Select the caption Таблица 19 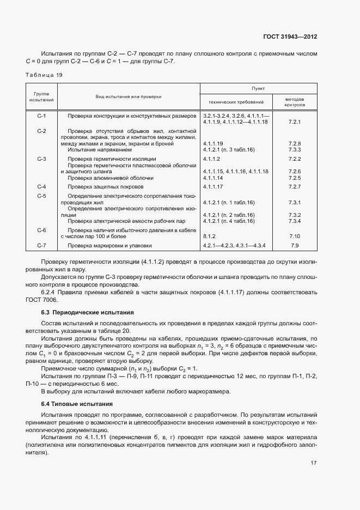(44, 75)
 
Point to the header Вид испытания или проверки (129, 96)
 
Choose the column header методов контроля (295, 101)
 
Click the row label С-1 (41, 117)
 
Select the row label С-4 (41, 187)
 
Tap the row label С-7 (41, 246)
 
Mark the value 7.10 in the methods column (295, 236)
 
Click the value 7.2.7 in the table (295, 187)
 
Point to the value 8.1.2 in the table (209, 236)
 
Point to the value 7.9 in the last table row (295, 246)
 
